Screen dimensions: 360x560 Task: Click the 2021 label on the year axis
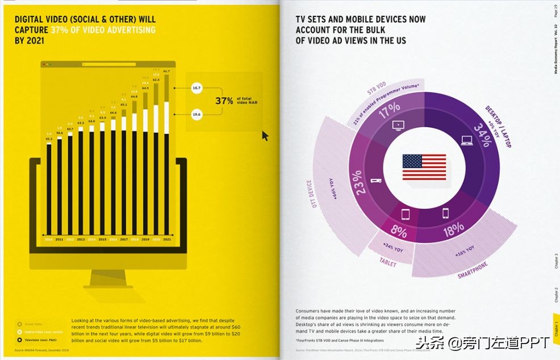pos(166,240)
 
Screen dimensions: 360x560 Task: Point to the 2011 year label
pos(59,240)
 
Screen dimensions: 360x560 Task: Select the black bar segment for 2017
pos(123,182)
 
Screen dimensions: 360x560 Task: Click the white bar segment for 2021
pos(166,118)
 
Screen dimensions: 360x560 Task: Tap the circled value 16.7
pos(197,88)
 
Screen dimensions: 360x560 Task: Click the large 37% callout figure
pos(224,101)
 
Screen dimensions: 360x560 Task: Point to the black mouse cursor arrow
pos(265,136)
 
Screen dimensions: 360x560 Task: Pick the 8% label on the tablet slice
pos(399,232)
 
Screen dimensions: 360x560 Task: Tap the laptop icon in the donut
pos(467,140)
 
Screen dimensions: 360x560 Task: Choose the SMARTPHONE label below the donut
pos(473,270)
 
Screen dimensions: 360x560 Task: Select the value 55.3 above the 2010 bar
pos(49,139)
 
